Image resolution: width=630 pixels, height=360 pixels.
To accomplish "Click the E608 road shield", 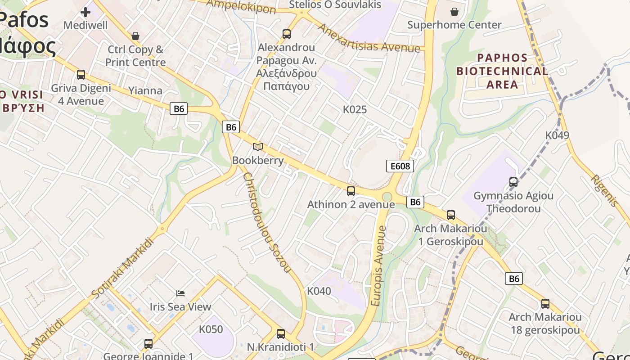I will (x=400, y=166).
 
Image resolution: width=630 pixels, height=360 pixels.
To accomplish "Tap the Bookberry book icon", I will (x=258, y=147).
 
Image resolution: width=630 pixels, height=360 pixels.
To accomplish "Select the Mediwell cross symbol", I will (x=85, y=12).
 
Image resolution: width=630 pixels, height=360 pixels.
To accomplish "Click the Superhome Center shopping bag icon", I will (x=454, y=11).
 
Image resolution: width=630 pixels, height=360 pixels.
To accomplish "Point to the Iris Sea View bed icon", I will (x=180, y=293).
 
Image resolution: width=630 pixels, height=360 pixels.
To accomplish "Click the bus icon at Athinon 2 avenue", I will (x=351, y=191).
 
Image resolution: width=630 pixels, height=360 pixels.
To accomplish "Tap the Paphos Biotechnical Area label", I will (x=502, y=71).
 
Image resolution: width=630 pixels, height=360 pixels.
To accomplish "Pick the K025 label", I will (x=355, y=109).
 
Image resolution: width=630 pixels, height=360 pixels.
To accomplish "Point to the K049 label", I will (x=557, y=135).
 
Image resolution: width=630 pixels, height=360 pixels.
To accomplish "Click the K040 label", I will (x=319, y=291).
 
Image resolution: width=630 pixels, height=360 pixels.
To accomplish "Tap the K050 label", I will (x=211, y=329).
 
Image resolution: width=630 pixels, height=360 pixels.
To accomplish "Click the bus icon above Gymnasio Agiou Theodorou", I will (x=513, y=182).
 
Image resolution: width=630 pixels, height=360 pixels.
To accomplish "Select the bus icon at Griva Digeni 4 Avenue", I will (x=81, y=75).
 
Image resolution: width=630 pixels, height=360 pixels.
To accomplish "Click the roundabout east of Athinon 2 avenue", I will (x=387, y=197).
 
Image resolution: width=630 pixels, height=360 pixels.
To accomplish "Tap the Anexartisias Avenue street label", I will (x=369, y=38).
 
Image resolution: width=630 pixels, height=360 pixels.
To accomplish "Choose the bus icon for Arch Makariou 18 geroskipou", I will (x=545, y=304).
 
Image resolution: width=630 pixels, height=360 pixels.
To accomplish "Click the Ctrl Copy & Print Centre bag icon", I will (x=135, y=36).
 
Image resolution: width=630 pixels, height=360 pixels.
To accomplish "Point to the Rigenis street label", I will (x=604, y=190).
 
